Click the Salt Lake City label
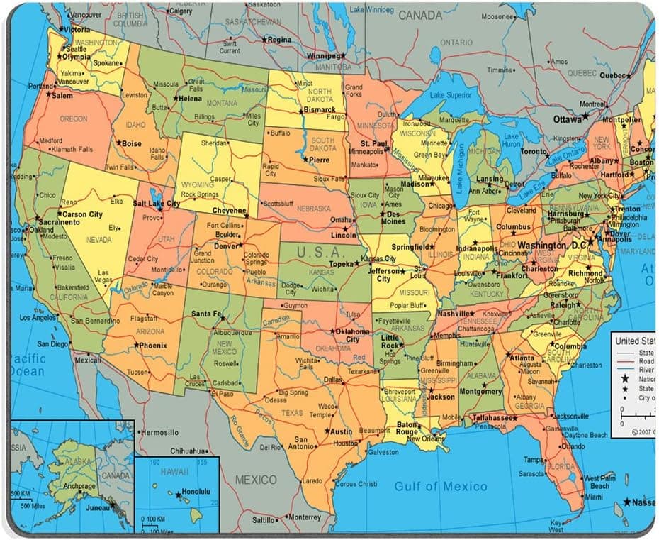click(x=156, y=204)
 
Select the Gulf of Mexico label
click(x=440, y=486)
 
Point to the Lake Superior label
click(x=450, y=95)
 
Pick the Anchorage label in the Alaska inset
click(x=78, y=487)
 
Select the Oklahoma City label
click(x=353, y=335)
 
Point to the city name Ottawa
click(x=567, y=119)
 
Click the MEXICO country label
click(x=256, y=480)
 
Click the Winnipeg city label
click(x=322, y=56)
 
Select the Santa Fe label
click(x=207, y=314)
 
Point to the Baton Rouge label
click(x=407, y=428)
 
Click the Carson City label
click(x=82, y=214)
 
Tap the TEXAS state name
click(x=292, y=412)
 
